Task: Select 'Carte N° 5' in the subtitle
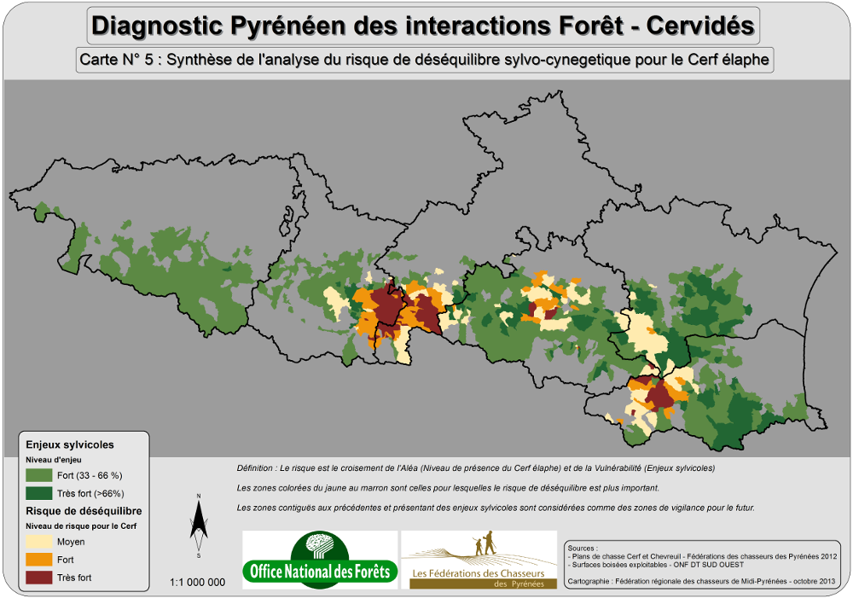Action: pyautogui.click(x=120, y=61)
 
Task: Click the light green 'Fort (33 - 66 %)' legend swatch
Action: pyautogui.click(x=38, y=475)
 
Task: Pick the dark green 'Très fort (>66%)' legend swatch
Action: pyautogui.click(x=38, y=493)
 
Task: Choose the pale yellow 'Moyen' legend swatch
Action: pyautogui.click(x=38, y=542)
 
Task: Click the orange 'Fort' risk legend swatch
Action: pyautogui.click(x=38, y=560)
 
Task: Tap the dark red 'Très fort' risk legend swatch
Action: pyautogui.click(x=38, y=578)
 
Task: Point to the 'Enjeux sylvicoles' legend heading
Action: pyautogui.click(x=70, y=444)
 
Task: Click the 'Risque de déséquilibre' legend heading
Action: pyautogui.click(x=84, y=510)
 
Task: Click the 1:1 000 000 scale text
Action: pyautogui.click(x=198, y=583)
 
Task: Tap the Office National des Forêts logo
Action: pyautogui.click(x=320, y=560)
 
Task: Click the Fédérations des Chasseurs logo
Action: pyautogui.click(x=480, y=560)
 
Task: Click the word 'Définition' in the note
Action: pyautogui.click(x=255, y=468)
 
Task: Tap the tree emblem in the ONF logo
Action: pyautogui.click(x=320, y=546)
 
